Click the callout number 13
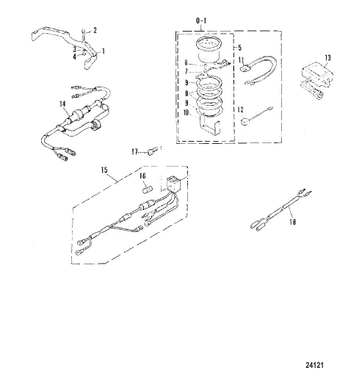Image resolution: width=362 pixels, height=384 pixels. pos(327,58)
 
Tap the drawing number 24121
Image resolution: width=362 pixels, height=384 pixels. pos(314,365)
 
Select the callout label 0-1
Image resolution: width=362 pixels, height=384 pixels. pos(201,21)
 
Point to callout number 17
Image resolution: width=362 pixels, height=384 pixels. pos(134,152)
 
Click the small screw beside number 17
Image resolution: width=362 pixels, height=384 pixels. pos(151,151)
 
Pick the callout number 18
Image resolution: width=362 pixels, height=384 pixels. pos(292,222)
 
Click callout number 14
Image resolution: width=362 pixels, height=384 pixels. pos(62,104)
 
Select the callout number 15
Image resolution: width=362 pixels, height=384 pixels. pos(104,170)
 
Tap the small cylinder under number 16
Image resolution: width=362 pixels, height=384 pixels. pos(148,189)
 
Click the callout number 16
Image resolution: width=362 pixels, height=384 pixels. pos(142,175)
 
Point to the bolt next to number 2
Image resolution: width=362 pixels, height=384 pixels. pos(84,33)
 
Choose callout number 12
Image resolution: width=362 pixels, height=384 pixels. pos(241,109)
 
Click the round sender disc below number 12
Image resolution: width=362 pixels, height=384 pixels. pos(245,122)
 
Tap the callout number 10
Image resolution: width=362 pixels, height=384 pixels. pos(187,113)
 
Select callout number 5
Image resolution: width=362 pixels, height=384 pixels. pos(239,48)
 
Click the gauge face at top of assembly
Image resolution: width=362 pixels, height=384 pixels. pos(208,45)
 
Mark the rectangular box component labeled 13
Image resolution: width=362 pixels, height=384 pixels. pos(317,74)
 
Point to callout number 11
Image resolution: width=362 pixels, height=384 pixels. pos(242,59)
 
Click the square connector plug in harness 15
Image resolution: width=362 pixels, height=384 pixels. pos(173,184)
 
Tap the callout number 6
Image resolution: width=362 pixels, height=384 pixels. pos(187,63)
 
